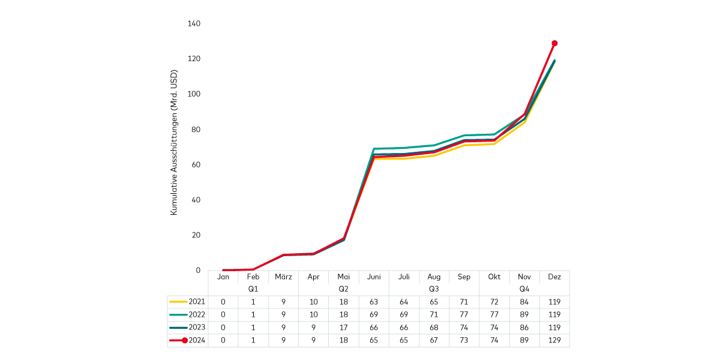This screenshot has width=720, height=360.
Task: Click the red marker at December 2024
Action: pos(554,43)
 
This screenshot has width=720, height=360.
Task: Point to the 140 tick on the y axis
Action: pos(194,23)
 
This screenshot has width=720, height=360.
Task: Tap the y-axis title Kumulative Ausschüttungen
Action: pos(174,143)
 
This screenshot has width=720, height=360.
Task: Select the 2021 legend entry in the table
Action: pos(188,302)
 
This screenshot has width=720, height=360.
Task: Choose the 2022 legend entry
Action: pos(188,314)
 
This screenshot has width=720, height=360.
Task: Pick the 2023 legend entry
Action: pos(188,328)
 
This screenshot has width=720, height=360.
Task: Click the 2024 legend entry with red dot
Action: pos(188,341)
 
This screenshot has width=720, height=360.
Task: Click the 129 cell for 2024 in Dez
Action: pos(554,341)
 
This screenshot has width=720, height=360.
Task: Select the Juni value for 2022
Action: pos(374,314)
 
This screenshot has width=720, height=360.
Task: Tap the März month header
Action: pos(283,277)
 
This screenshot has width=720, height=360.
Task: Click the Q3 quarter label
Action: pos(434,289)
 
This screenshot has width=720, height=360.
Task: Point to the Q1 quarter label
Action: pos(253,289)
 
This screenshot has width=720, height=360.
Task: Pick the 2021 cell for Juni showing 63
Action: pos(374,302)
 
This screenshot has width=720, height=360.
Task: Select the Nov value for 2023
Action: pos(524,328)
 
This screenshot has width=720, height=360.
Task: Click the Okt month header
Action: pos(494,277)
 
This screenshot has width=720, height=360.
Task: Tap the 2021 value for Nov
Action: pos(524,302)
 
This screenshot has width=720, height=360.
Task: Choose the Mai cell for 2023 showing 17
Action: pos(344,328)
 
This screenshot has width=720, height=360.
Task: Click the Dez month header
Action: pos(554,277)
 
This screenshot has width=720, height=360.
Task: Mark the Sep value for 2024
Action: pos(464,341)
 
